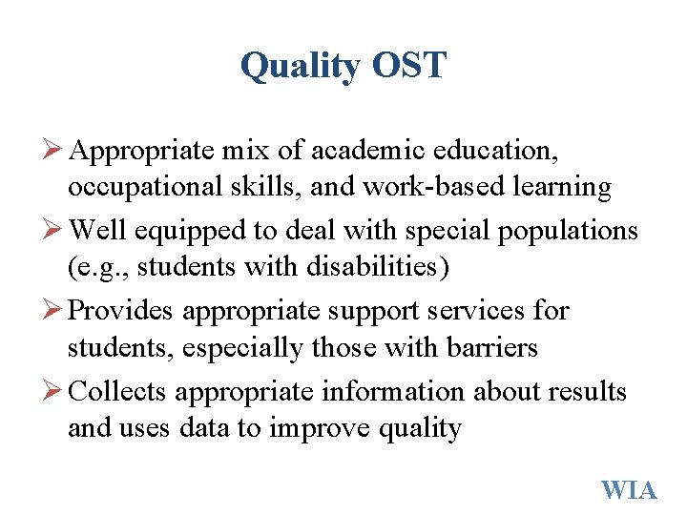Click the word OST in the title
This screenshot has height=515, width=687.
click(408, 66)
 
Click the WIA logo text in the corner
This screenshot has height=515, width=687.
click(629, 490)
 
